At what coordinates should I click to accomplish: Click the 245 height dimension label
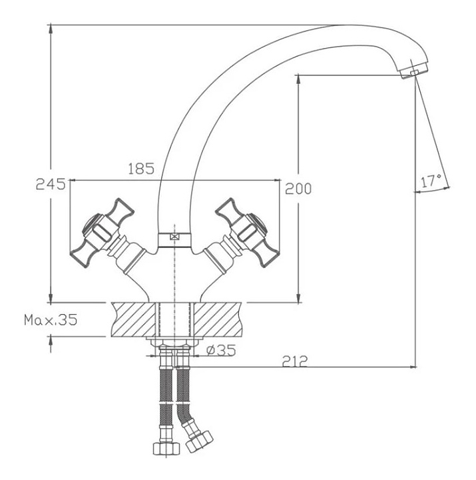tap(51, 184)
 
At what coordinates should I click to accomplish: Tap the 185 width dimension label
tap(141, 169)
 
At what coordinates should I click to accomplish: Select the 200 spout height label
tap(298, 188)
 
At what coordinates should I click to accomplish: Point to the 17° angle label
tap(431, 181)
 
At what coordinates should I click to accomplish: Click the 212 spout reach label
tap(295, 361)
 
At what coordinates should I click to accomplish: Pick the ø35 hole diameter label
tap(221, 350)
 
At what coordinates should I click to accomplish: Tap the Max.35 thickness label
tap(51, 320)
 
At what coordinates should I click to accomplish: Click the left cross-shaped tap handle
tap(102, 233)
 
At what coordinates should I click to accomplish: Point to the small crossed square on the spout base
tap(174, 237)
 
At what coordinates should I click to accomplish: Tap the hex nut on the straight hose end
tap(166, 449)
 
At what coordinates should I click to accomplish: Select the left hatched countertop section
tap(134, 319)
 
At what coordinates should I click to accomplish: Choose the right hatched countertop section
tap(218, 319)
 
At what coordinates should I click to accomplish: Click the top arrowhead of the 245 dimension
tap(51, 30)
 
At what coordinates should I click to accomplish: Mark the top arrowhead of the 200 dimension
tap(299, 80)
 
